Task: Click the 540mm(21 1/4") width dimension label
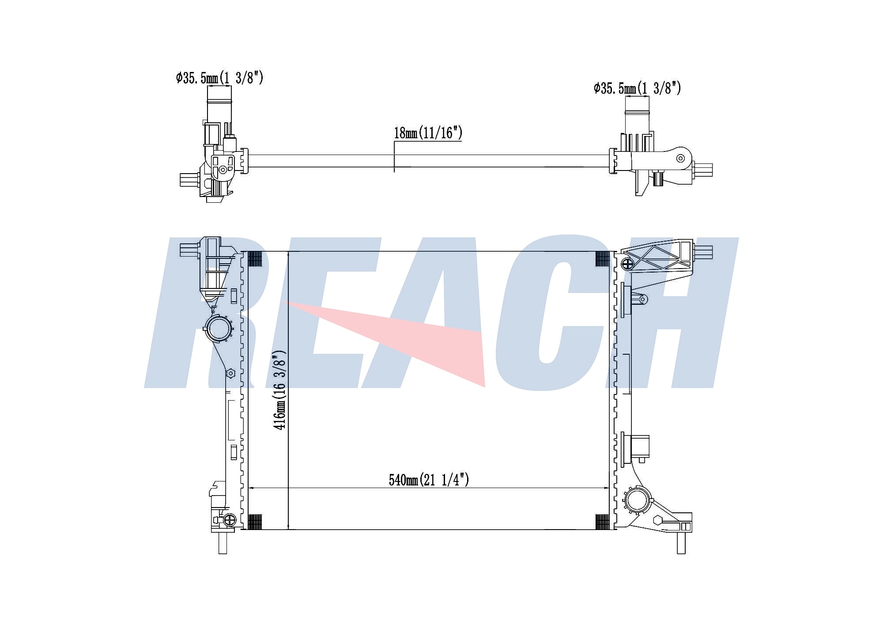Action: pos(429,480)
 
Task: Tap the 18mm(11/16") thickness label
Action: pos(428,133)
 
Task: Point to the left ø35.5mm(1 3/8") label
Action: pos(219,78)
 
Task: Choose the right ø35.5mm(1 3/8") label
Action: pos(637,88)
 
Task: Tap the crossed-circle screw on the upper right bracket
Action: pos(627,265)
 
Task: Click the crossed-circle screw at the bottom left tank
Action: pos(230,520)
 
